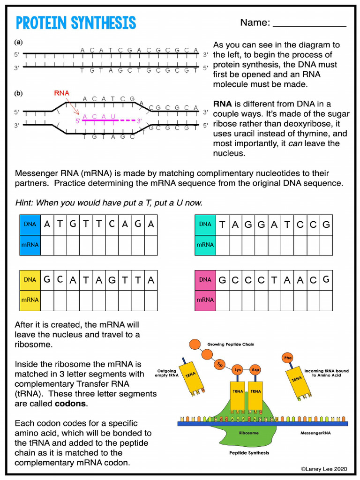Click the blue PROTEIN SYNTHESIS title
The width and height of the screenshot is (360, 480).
(75, 23)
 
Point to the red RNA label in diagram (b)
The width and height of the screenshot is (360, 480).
(61, 93)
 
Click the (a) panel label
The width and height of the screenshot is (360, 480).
(18, 42)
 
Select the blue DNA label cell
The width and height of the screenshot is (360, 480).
(30, 225)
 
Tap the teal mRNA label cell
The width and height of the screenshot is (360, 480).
(205, 245)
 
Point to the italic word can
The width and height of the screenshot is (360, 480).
(295, 143)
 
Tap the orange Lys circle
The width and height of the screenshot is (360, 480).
(238, 370)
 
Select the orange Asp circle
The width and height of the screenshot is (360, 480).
(255, 370)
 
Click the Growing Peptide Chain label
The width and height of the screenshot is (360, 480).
(231, 345)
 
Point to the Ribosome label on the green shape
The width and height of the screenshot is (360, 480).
(248, 433)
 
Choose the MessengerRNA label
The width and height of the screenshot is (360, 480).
(315, 433)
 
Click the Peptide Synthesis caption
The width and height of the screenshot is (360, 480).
(249, 453)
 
